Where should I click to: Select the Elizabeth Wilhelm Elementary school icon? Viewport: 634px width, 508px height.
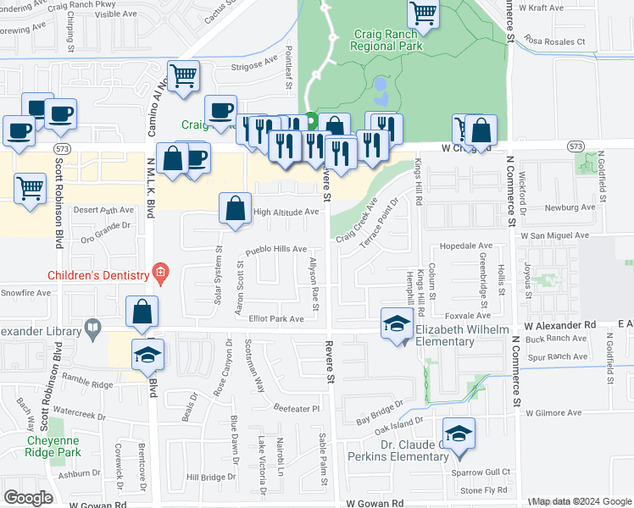coord(396,326)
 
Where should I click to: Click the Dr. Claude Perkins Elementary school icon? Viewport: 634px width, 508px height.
coord(459,435)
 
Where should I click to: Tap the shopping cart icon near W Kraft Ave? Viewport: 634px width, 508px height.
coord(422,13)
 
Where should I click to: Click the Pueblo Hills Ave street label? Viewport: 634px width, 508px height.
coord(275,250)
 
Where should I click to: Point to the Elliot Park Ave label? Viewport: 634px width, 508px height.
coord(276,319)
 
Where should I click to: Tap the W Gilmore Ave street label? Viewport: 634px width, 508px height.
coord(553,413)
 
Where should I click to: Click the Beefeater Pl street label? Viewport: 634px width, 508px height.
coord(296,408)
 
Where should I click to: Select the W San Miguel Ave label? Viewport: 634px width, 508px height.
coord(555,235)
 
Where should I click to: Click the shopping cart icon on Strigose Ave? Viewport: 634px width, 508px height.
coord(183,76)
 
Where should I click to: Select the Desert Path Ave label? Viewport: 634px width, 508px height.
coord(103,210)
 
